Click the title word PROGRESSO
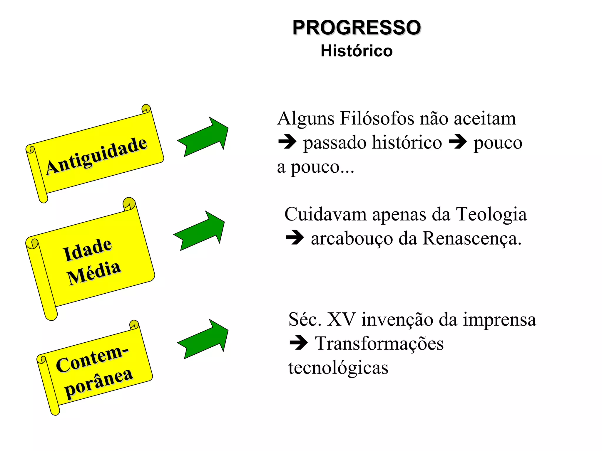pyautogui.click(x=357, y=28)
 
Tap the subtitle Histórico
pyautogui.click(x=357, y=51)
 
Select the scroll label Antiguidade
pyautogui.click(x=96, y=156)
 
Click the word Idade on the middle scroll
pyautogui.click(x=88, y=249)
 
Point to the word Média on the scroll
pyautogui.click(x=94, y=273)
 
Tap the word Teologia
pyautogui.click(x=491, y=214)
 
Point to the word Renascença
pyautogui.click(x=472, y=238)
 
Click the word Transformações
pyautogui.click(x=379, y=344)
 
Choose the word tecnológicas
pyautogui.click(x=338, y=368)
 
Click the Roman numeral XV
pyautogui.click(x=341, y=319)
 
